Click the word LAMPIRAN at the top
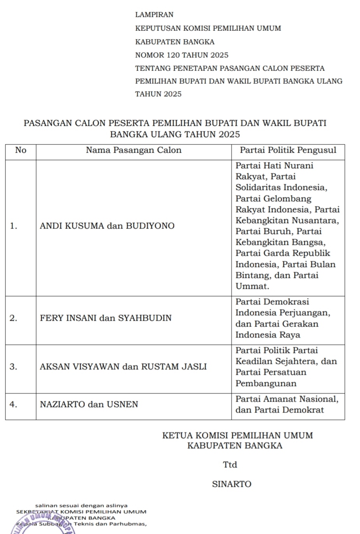click(154, 15)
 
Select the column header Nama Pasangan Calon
click(133, 150)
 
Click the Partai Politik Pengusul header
click(288, 150)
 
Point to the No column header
click(21, 150)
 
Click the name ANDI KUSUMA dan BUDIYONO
click(107, 226)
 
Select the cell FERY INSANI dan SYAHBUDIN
click(105, 318)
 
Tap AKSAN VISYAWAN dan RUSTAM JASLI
click(123, 367)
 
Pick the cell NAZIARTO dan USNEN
click(89, 404)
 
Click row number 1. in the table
click(14, 226)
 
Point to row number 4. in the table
click(14, 404)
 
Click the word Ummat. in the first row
click(252, 287)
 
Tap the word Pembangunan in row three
click(266, 383)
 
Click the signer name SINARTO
click(232, 484)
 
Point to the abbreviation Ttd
click(230, 465)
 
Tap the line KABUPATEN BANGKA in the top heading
click(175, 42)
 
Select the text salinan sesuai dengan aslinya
click(81, 506)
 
